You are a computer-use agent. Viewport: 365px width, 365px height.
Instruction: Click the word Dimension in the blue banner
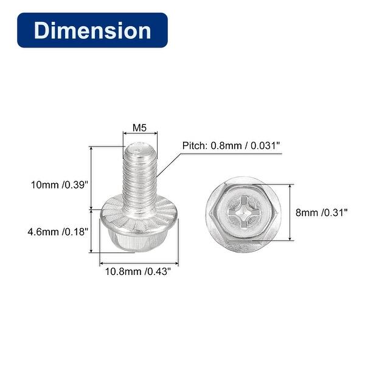(92, 30)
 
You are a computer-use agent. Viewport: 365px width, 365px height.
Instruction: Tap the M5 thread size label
(140, 128)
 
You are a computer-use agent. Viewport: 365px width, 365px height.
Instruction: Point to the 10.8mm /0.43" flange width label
(134, 272)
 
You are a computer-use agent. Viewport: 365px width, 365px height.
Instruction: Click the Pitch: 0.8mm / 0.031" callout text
(231, 146)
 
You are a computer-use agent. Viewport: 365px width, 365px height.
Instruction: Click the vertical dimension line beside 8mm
(291, 213)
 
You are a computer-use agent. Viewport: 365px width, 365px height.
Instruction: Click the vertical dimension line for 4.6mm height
(91, 231)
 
